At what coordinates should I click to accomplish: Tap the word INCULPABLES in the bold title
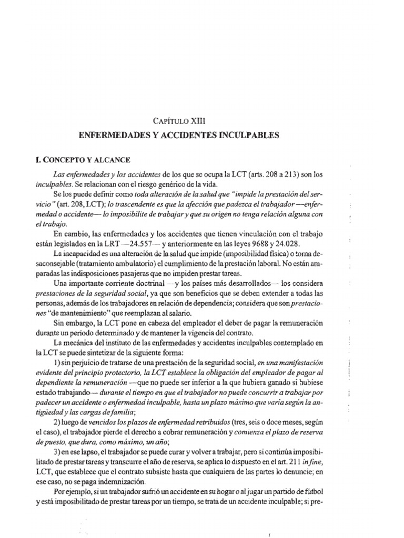pyautogui.click(x=250, y=135)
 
